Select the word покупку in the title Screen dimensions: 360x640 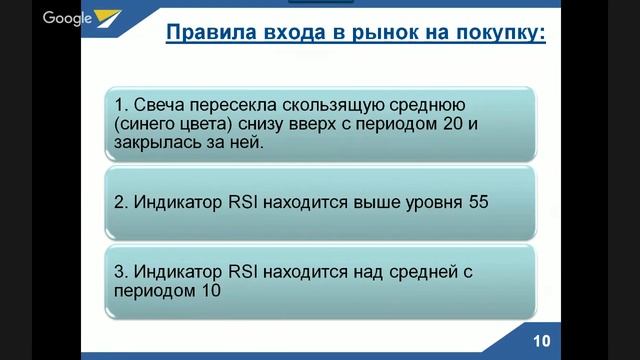point(500,36)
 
